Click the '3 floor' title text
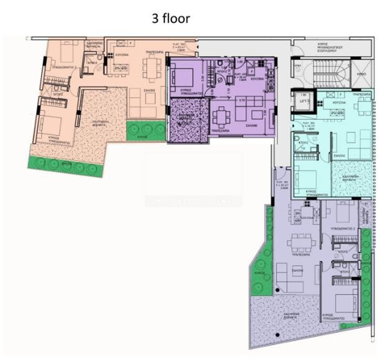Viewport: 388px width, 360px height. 171,19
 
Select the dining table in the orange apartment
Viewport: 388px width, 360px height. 152,67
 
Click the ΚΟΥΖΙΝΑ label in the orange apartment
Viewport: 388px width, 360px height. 121,55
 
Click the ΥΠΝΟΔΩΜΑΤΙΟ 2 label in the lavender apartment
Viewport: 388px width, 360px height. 343,228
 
